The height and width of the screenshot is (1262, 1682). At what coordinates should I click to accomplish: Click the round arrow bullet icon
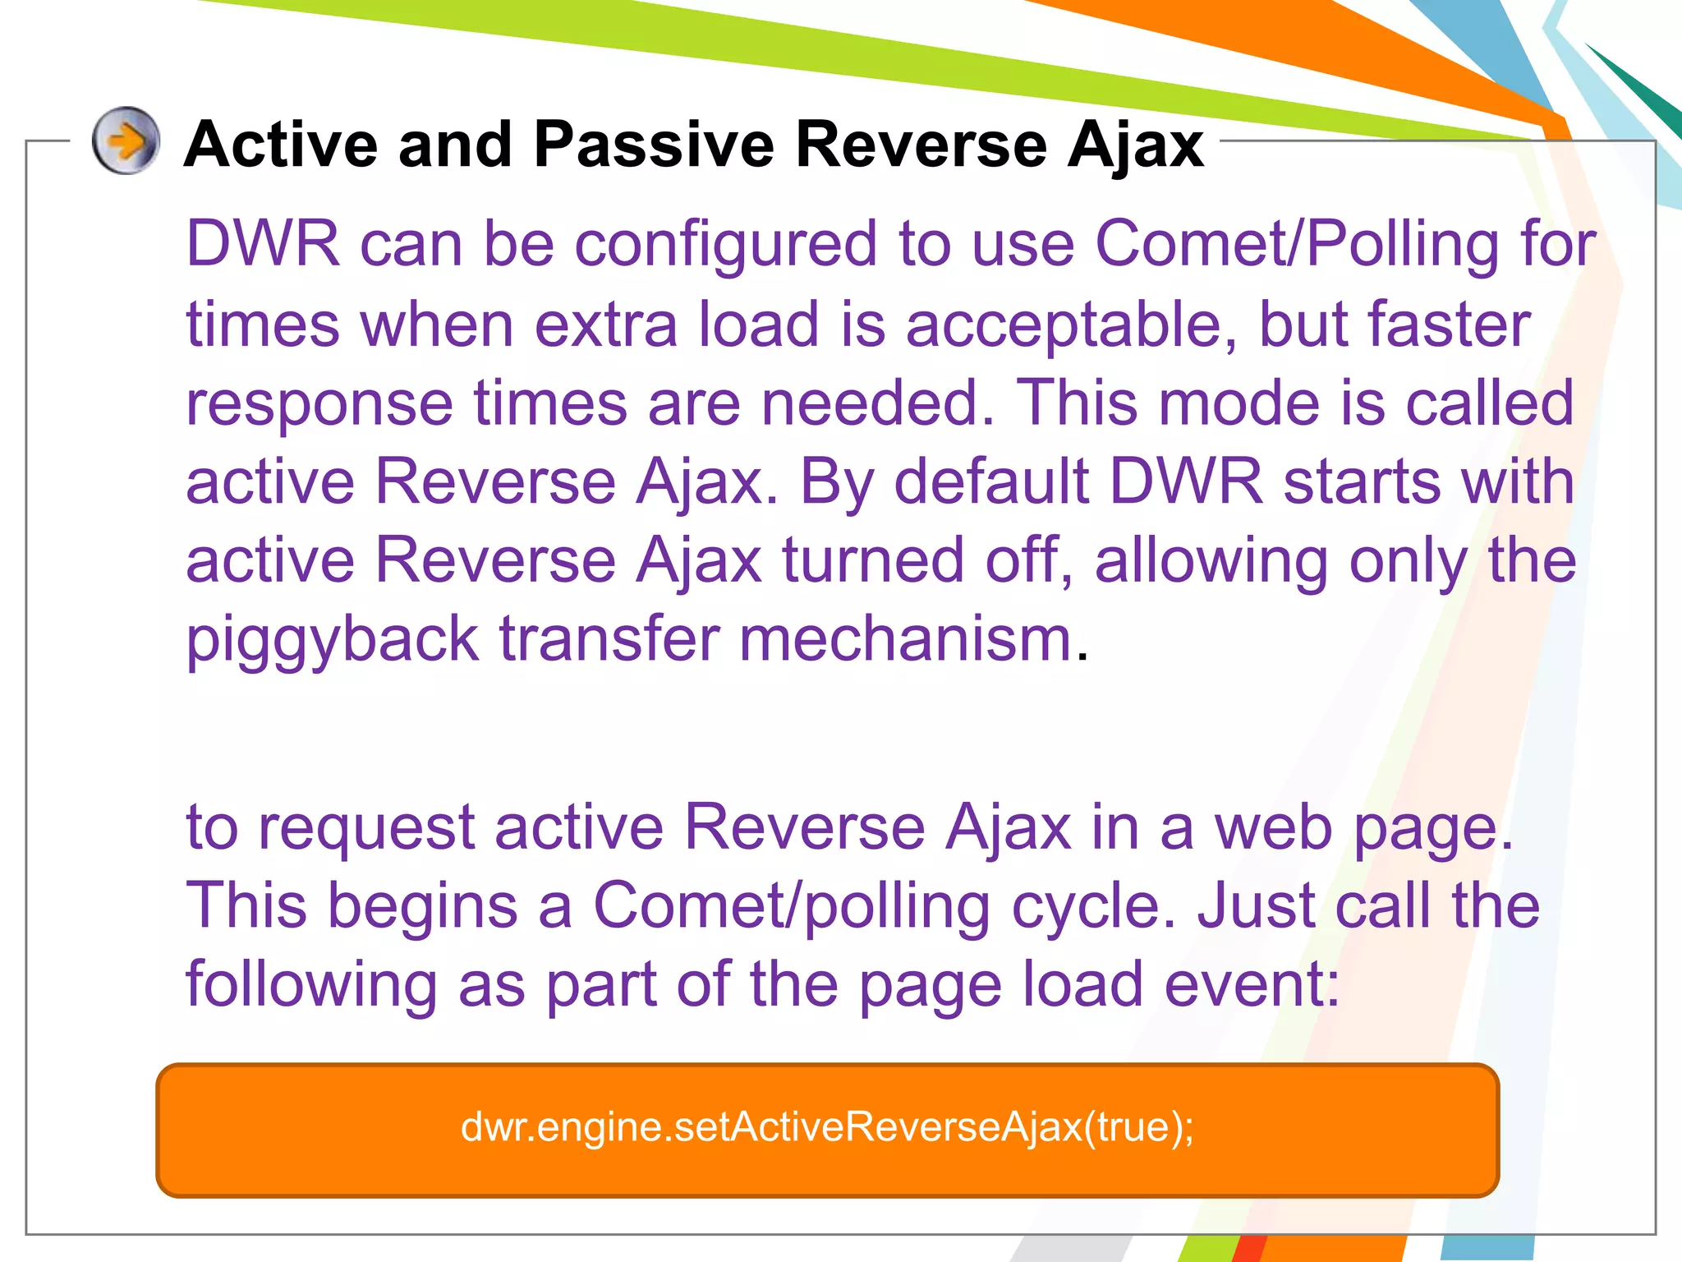[x=125, y=141]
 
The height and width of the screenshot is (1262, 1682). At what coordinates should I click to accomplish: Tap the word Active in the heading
[x=280, y=145]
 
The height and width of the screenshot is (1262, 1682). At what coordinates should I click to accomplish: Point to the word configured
[x=726, y=246]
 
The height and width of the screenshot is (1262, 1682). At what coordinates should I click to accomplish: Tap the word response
[x=319, y=404]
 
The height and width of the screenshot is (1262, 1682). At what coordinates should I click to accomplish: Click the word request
[x=366, y=828]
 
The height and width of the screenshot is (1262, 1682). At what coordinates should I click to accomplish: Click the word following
[x=311, y=985]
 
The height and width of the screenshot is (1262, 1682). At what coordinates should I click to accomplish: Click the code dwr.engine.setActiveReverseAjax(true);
[x=827, y=1126]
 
